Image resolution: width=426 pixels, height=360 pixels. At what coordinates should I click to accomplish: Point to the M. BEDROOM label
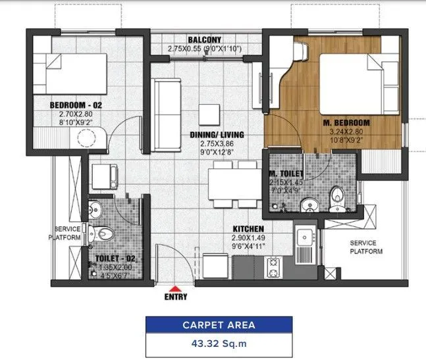[x=346, y=123]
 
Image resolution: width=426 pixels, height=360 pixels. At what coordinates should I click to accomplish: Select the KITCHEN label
[x=248, y=228]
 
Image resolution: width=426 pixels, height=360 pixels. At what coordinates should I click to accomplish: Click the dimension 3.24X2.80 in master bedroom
[x=346, y=132]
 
